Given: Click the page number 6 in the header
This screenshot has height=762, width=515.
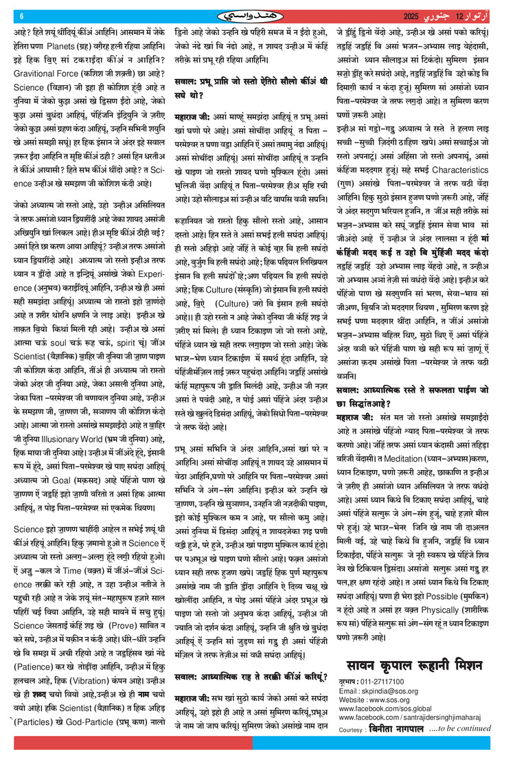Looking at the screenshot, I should pos(21,16).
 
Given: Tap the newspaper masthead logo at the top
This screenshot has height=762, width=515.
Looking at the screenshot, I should pos(257,16).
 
